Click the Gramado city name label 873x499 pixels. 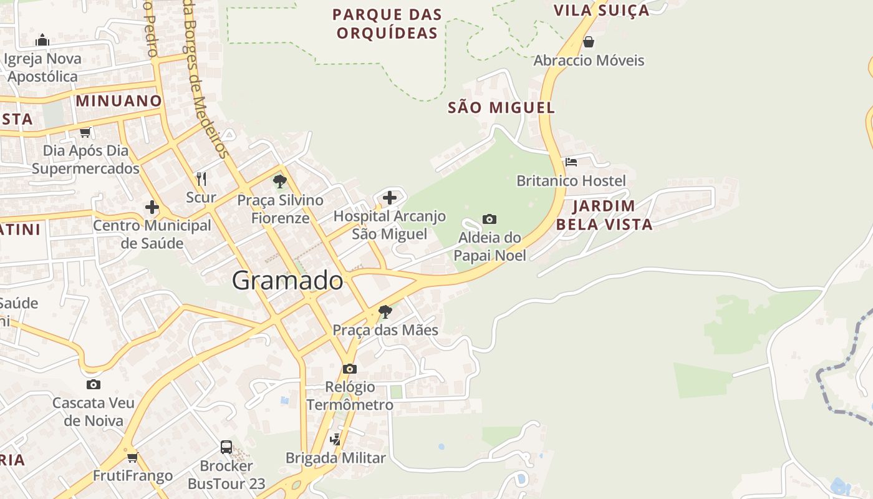(287, 281)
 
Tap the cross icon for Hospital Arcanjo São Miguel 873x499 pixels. (390, 198)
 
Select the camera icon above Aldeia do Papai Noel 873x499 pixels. (490, 219)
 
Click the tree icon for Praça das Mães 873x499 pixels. (385, 311)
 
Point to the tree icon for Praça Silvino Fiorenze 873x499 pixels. (280, 182)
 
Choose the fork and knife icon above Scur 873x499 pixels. (201, 179)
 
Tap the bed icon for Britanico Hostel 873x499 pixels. (571, 162)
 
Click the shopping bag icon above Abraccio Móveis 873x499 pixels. (588, 42)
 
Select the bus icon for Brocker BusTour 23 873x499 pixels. (226, 447)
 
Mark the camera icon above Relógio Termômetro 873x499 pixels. (350, 369)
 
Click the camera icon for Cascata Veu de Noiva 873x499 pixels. (94, 384)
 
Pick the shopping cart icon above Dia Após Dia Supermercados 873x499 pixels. (85, 132)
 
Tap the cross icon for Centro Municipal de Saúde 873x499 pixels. (152, 207)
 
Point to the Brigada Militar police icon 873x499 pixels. (335, 439)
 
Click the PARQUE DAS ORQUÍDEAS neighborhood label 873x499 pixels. (387, 24)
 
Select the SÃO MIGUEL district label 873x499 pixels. (501, 108)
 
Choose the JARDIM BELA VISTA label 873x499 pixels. (604, 215)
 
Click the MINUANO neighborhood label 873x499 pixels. (118, 101)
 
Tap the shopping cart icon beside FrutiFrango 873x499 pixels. (132, 457)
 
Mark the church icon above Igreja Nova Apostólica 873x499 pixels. (42, 41)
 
